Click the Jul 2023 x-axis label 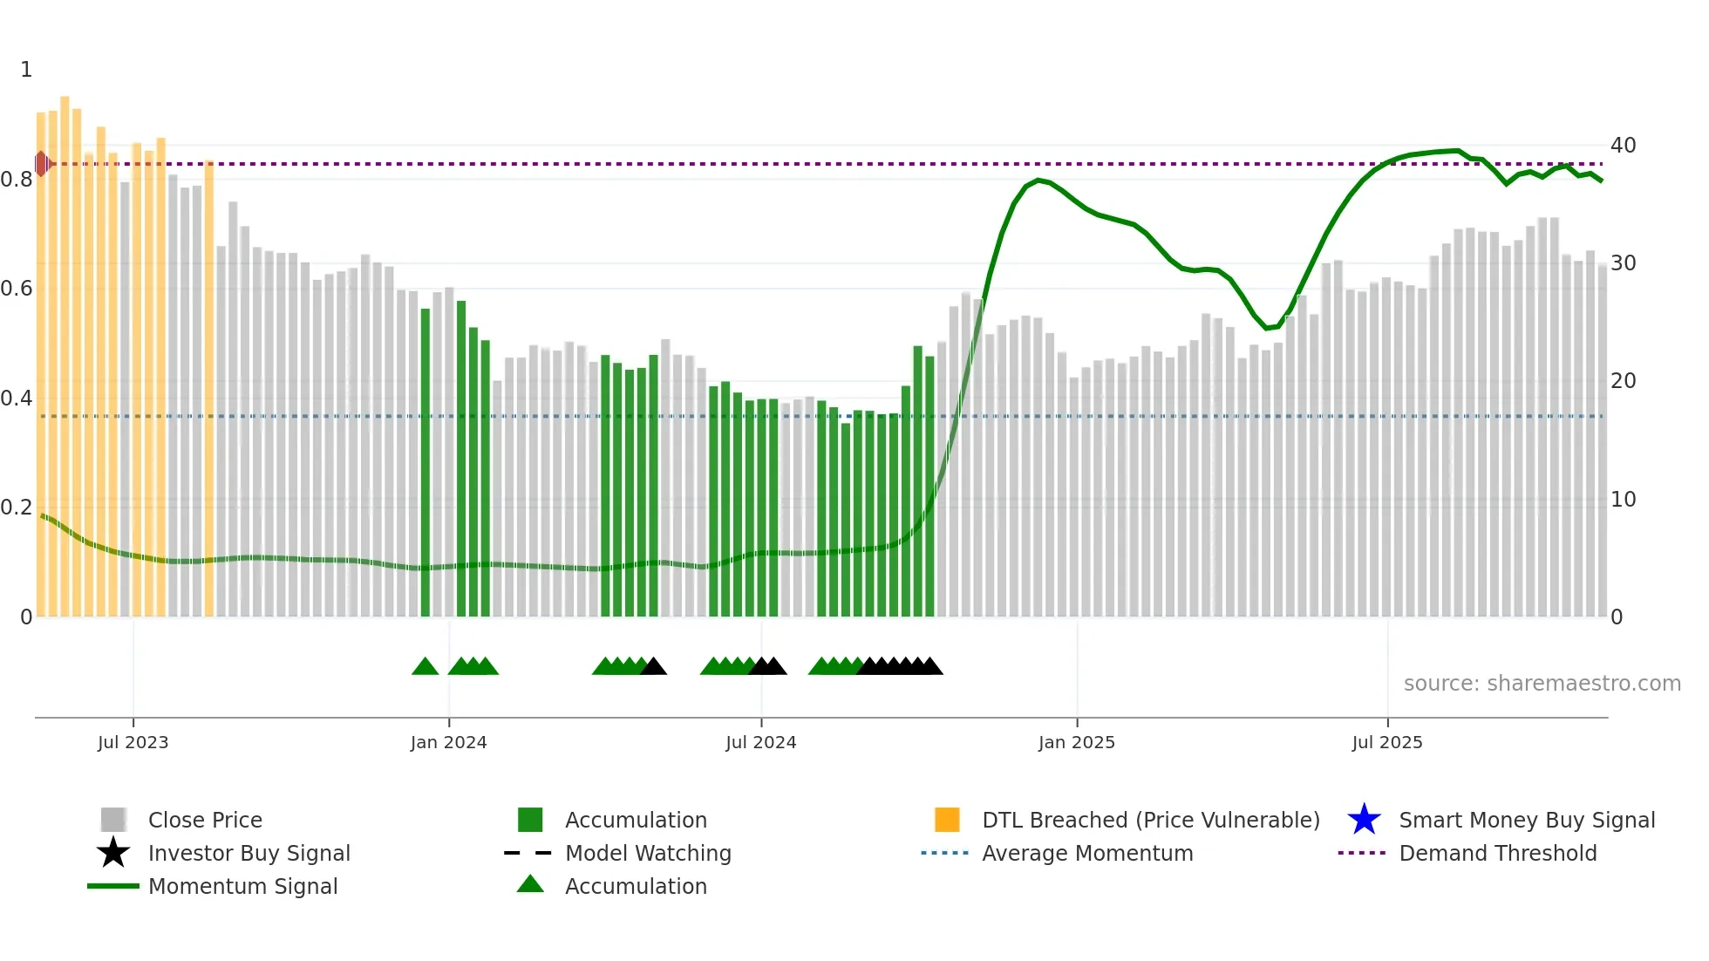(x=133, y=742)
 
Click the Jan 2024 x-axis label (x=448, y=742)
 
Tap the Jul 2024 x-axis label (x=760, y=742)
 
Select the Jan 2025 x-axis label (x=1076, y=742)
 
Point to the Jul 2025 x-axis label (x=1386, y=742)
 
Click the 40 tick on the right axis (x=1623, y=146)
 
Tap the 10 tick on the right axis (x=1623, y=500)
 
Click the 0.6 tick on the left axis (x=17, y=289)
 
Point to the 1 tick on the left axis (x=26, y=70)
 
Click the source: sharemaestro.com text (x=1542, y=684)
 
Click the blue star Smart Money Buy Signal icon (x=1364, y=820)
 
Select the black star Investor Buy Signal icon (x=113, y=853)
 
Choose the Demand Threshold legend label (x=1497, y=853)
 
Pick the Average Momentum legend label (x=1087, y=853)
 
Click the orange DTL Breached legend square (x=947, y=820)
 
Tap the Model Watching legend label (x=648, y=853)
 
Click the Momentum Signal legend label (x=242, y=886)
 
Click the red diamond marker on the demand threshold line (x=42, y=163)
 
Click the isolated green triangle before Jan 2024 (x=425, y=667)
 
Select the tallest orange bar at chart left (x=65, y=349)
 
